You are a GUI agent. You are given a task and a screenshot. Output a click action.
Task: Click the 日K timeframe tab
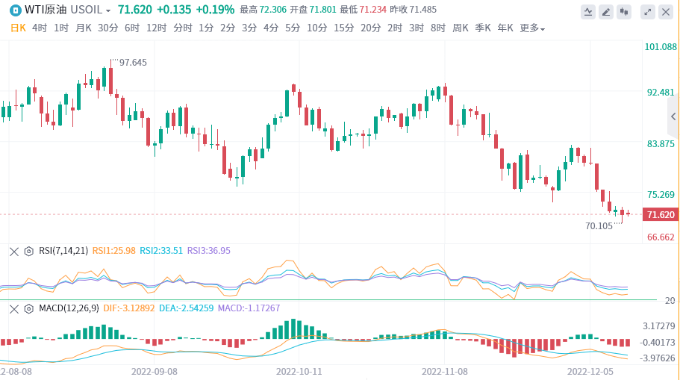[18, 28]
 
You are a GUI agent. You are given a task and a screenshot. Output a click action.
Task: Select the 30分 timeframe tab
[107, 28]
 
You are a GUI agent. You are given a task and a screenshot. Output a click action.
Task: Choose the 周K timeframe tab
[461, 28]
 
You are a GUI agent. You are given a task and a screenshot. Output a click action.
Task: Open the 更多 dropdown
[531, 28]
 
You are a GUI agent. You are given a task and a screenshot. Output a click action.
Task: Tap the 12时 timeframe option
[156, 28]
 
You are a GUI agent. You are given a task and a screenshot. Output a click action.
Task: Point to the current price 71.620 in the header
[135, 10]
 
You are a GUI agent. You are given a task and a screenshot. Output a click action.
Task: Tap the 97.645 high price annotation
[133, 62]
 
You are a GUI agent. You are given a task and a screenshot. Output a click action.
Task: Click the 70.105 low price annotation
[599, 225]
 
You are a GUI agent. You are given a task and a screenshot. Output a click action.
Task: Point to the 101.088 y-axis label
[661, 47]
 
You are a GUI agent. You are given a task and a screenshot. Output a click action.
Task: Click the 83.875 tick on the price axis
[661, 143]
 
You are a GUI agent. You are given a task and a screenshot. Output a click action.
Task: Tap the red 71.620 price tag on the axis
[661, 215]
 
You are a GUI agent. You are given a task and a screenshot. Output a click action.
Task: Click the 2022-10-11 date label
[299, 370]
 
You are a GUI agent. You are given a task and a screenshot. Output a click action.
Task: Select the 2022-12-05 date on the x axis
[590, 370]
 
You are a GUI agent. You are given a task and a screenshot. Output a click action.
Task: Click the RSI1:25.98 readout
[113, 251]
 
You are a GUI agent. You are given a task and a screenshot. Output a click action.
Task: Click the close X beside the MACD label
[13, 308]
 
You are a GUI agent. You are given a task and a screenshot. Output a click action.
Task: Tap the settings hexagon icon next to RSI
[28, 251]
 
